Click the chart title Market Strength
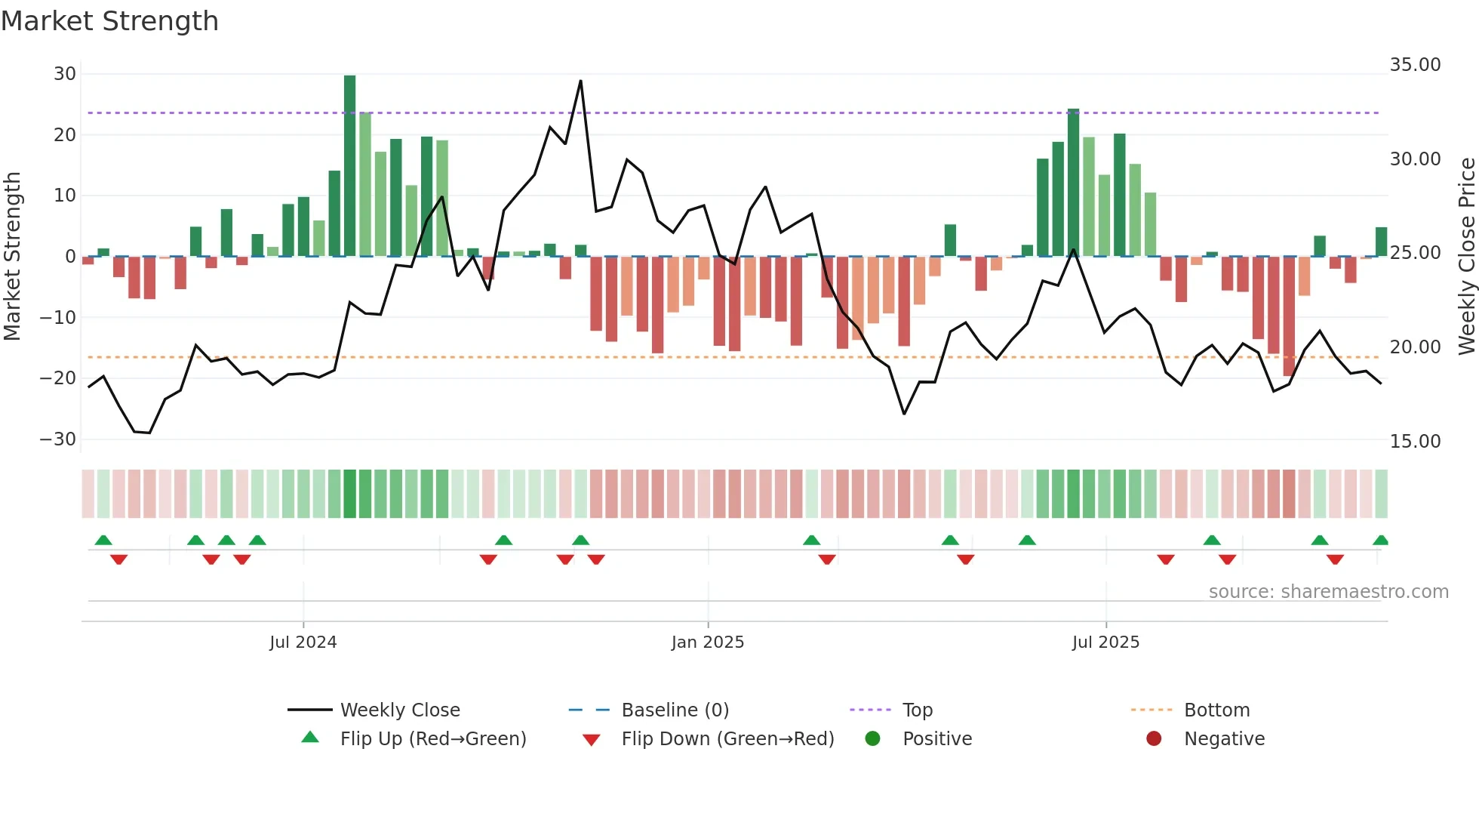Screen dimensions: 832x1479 click(x=109, y=21)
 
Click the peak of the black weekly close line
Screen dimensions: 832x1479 click(x=580, y=81)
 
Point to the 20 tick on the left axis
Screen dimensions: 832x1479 click(x=65, y=135)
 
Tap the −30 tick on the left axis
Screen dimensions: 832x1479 click(x=58, y=439)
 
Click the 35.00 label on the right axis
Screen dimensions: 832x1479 click(x=1415, y=65)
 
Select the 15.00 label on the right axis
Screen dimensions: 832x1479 click(x=1415, y=442)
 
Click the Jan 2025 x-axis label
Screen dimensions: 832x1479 click(x=707, y=642)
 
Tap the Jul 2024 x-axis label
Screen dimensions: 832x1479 click(x=303, y=642)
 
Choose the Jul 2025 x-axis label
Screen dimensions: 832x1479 click(x=1105, y=642)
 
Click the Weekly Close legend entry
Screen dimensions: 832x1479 click(x=399, y=710)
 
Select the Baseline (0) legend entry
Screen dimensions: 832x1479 click(x=675, y=710)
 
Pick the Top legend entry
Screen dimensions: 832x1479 click(x=918, y=710)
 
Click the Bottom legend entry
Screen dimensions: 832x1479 click(x=1216, y=710)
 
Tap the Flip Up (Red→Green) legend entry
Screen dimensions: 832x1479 click(x=432, y=739)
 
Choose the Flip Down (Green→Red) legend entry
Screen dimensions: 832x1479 click(x=727, y=739)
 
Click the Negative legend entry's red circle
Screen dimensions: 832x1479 click(x=1153, y=738)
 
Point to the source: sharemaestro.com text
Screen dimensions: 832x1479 click(x=1328, y=592)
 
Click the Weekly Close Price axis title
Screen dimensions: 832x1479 click(x=1466, y=256)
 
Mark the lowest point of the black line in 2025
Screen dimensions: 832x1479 click(x=904, y=414)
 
